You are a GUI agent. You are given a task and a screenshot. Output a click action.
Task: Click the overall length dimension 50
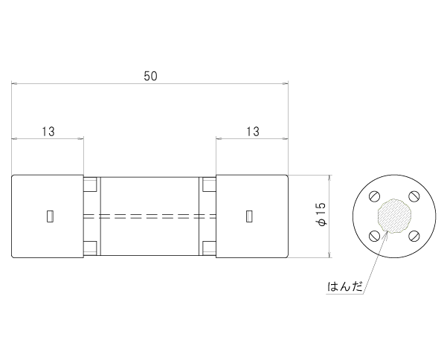click(x=150, y=76)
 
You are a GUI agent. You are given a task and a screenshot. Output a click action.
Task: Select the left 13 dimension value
click(x=48, y=132)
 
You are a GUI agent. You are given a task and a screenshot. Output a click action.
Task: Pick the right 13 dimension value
click(x=253, y=132)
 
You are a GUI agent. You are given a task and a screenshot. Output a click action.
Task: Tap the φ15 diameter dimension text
click(x=321, y=214)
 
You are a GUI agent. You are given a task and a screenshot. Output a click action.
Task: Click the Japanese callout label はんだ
click(x=345, y=286)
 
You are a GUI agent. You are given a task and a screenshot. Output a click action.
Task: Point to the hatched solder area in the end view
click(x=394, y=216)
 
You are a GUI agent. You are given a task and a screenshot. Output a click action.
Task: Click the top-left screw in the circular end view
click(x=374, y=196)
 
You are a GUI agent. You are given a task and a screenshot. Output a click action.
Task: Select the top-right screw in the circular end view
click(x=414, y=196)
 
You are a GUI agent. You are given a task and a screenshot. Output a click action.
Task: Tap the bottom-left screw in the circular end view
click(x=374, y=236)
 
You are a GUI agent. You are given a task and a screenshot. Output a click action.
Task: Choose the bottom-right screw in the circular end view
click(x=414, y=236)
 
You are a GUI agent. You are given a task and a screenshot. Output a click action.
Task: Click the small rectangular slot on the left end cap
click(x=50, y=216)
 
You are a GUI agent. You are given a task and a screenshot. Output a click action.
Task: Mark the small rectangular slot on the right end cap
click(x=249, y=216)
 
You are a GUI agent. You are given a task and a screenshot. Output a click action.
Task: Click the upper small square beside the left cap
click(x=90, y=184)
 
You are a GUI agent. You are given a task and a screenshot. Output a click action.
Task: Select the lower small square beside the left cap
click(x=90, y=248)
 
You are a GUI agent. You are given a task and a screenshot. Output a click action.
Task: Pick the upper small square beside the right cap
click(x=209, y=184)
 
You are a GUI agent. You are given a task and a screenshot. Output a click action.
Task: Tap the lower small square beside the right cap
click(x=209, y=248)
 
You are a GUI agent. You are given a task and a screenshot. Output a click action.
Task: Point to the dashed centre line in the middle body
click(x=149, y=216)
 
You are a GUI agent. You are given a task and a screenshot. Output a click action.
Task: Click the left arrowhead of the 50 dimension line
click(x=15, y=83)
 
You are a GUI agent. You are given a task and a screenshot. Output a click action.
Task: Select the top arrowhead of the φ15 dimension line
click(x=329, y=179)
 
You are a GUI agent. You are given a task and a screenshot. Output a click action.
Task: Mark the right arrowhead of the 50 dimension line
click(x=285, y=83)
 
